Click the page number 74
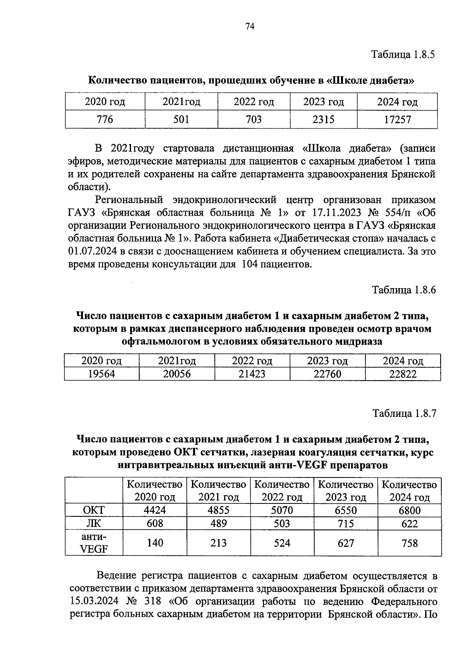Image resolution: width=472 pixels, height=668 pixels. (250, 26)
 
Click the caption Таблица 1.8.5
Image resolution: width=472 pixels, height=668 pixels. (404, 55)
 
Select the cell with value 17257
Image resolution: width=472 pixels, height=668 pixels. (397, 119)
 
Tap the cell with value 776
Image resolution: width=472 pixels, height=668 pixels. (105, 119)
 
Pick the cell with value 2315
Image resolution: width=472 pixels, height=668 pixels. (323, 119)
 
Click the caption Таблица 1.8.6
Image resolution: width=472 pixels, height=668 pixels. (404, 290)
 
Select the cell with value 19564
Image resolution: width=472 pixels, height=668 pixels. (101, 374)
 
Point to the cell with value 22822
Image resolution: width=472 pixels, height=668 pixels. (403, 374)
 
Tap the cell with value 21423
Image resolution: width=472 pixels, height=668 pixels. (252, 374)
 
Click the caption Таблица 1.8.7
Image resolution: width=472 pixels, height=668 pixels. (404, 414)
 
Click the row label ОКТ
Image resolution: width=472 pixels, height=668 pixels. (94, 510)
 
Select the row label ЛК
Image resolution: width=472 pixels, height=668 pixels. (94, 523)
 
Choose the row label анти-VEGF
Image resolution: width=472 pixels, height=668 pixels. (94, 542)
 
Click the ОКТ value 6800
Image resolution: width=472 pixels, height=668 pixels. (409, 511)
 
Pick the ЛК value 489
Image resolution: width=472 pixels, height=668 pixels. (219, 524)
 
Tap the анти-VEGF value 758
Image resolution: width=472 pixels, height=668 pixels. (409, 543)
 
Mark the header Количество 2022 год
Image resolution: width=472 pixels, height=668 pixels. (282, 490)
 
